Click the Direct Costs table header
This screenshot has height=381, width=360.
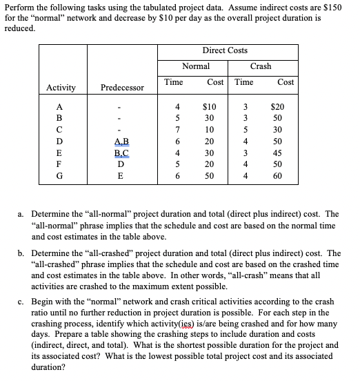pos(225,50)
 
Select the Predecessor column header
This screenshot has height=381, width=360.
pos(122,88)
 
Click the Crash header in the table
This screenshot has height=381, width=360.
pos(260,66)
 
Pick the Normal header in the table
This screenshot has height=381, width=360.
pos(196,66)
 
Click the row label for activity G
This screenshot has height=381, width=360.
pos(60,177)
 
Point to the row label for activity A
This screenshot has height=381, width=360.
pos(60,106)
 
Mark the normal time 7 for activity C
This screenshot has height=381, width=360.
pos(177,130)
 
